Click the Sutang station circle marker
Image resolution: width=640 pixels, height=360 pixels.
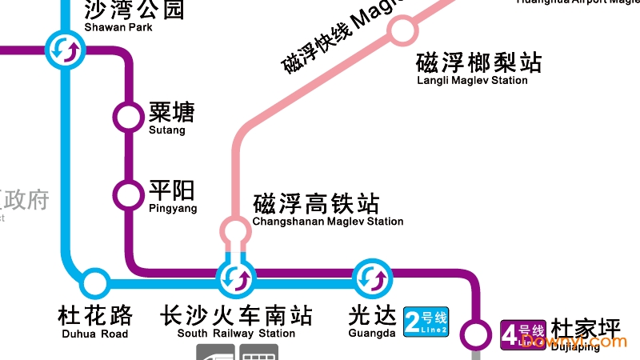[x=126, y=116]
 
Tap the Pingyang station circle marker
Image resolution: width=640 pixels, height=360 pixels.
[x=126, y=194]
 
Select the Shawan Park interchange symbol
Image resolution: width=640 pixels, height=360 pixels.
[x=63, y=50]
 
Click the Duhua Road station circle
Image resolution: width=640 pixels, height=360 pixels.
[x=94, y=282]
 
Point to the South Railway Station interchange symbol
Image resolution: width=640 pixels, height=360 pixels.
[x=236, y=278]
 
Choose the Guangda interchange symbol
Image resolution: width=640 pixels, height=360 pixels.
[x=372, y=278]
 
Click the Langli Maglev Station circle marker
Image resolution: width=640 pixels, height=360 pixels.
[x=402, y=31]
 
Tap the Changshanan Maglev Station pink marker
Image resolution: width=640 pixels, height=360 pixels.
[x=235, y=231]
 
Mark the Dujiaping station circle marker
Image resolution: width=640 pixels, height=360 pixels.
[x=478, y=333]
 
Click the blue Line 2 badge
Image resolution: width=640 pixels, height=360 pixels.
[x=426, y=322]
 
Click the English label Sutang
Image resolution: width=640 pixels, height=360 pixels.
[x=166, y=130]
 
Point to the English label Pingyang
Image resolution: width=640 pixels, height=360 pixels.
[x=172, y=208]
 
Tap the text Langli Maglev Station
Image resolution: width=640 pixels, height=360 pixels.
[x=472, y=80]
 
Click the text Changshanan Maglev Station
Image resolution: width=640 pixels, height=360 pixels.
[x=327, y=222]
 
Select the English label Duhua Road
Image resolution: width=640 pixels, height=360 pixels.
[x=94, y=334]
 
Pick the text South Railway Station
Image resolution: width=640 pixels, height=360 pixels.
[x=236, y=334]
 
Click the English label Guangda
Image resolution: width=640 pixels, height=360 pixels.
[x=372, y=334]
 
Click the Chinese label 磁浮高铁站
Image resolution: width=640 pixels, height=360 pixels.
[x=315, y=203]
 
